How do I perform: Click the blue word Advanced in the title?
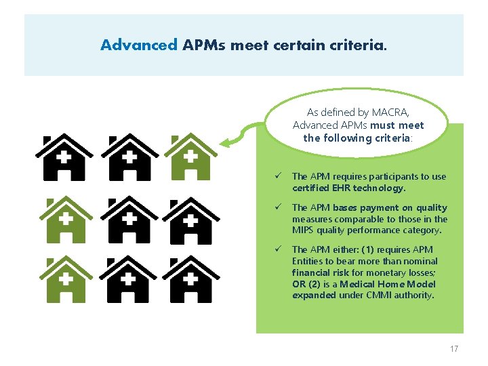click(139, 45)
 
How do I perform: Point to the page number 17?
click(453, 348)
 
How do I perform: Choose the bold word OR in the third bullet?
click(299, 284)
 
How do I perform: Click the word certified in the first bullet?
click(309, 188)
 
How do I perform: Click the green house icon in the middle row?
click(64, 220)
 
